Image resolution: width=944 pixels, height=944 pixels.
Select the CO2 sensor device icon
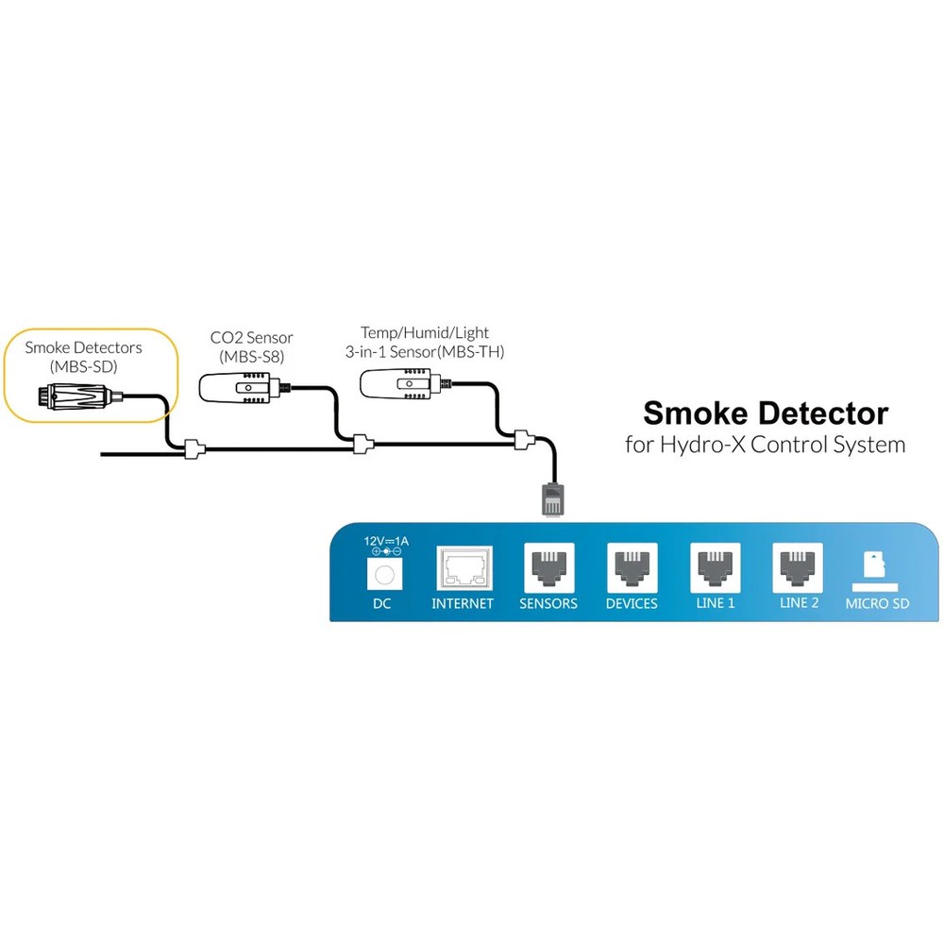[241, 386]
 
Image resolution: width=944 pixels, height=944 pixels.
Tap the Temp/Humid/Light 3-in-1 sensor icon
[401, 382]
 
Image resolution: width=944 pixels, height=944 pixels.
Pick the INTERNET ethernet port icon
[464, 569]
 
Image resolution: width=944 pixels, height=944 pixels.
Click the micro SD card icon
[877, 568]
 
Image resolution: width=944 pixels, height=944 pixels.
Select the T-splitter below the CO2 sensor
[362, 444]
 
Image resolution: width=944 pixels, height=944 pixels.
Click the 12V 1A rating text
[386, 541]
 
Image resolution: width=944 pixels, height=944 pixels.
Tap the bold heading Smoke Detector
[765, 413]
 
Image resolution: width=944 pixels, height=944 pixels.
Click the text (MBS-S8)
[251, 356]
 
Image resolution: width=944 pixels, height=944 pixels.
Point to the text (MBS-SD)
[83, 365]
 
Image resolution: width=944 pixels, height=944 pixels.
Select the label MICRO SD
[877, 604]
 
